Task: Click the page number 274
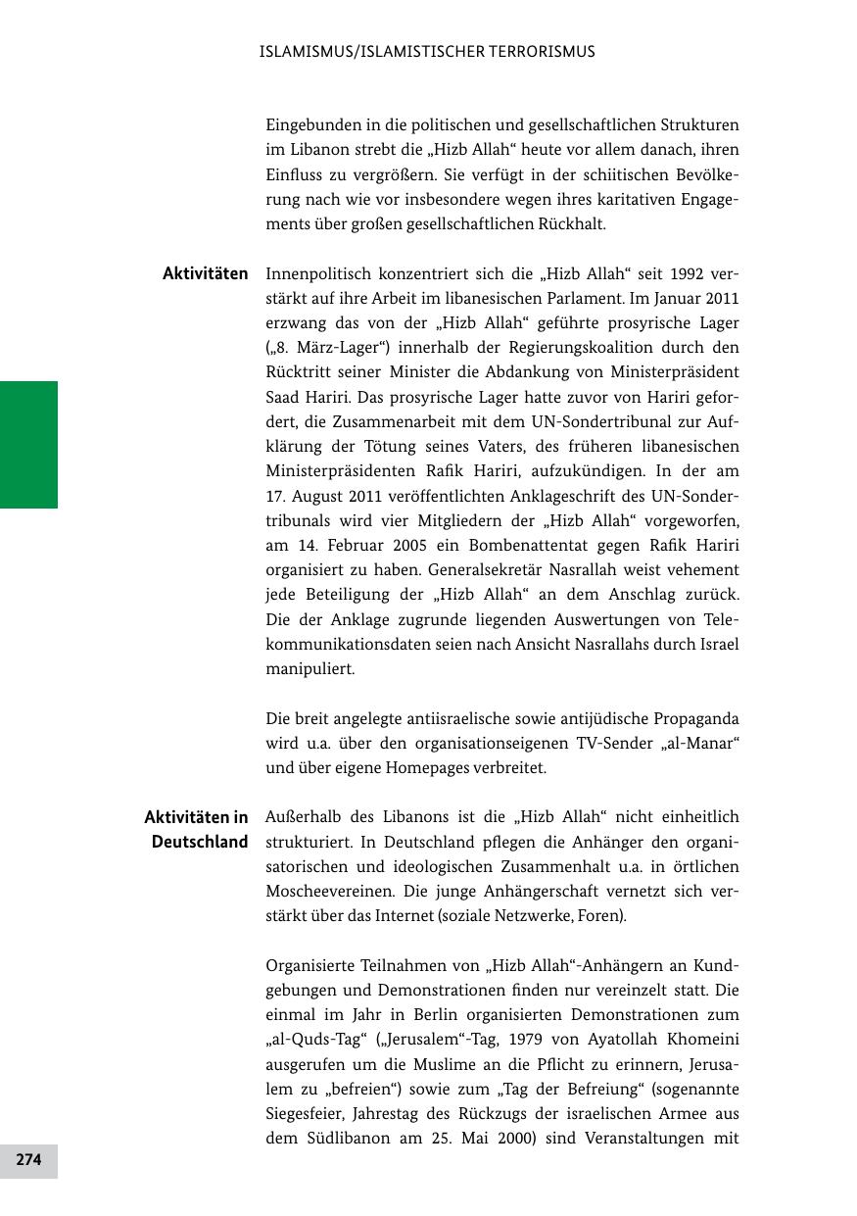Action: coord(28,1160)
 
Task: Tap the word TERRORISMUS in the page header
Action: coord(535,52)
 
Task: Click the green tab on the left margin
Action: coord(28,445)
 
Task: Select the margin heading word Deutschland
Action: coord(200,842)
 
